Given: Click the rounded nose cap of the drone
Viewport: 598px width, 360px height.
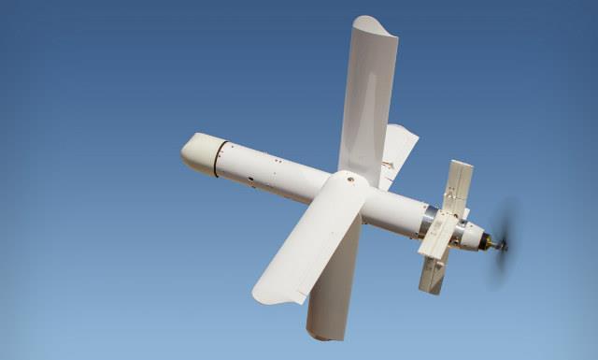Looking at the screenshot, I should tap(197, 151).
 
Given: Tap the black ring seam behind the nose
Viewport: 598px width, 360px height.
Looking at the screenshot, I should tap(220, 158).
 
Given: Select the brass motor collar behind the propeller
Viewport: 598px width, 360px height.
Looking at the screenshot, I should tap(487, 242).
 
